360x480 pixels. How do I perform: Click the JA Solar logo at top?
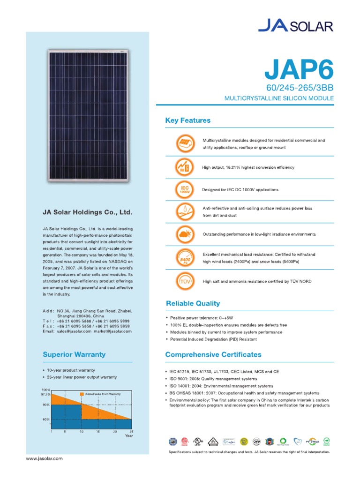click(296, 25)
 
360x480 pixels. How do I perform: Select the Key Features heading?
click(187, 120)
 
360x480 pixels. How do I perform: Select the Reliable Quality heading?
click(192, 303)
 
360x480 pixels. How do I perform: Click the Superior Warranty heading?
click(74, 354)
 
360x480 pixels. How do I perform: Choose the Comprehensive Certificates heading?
click(213, 354)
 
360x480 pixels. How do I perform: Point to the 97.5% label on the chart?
click(46, 394)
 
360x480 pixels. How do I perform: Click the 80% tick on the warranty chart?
click(46, 419)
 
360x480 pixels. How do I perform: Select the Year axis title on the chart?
click(129, 435)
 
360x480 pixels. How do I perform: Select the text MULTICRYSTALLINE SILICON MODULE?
click(279, 98)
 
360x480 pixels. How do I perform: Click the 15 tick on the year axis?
click(97, 431)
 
